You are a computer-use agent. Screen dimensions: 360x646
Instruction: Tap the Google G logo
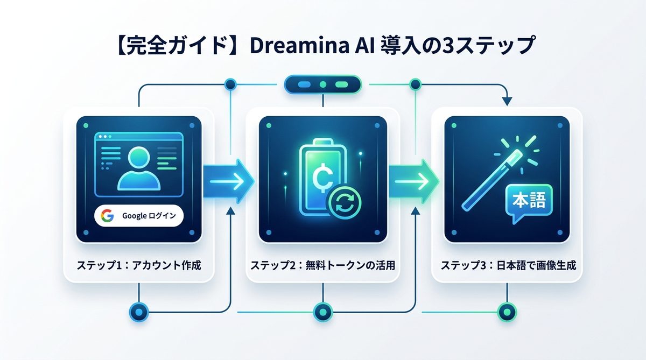tap(107, 216)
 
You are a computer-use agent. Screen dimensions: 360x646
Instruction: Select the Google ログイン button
tap(139, 216)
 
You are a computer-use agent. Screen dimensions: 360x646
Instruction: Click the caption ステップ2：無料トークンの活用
tap(322, 265)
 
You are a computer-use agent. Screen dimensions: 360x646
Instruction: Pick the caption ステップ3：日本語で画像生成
tap(507, 265)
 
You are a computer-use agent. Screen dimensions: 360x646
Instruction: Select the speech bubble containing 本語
tap(525, 203)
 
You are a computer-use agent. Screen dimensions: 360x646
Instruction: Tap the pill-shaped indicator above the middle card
tap(322, 84)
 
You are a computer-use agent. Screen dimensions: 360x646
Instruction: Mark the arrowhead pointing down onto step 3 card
tap(507, 101)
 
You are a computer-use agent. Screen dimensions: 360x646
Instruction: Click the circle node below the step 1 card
tap(139, 310)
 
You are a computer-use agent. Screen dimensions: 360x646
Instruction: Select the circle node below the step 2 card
tap(322, 310)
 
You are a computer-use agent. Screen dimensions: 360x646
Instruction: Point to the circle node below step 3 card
tap(507, 310)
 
